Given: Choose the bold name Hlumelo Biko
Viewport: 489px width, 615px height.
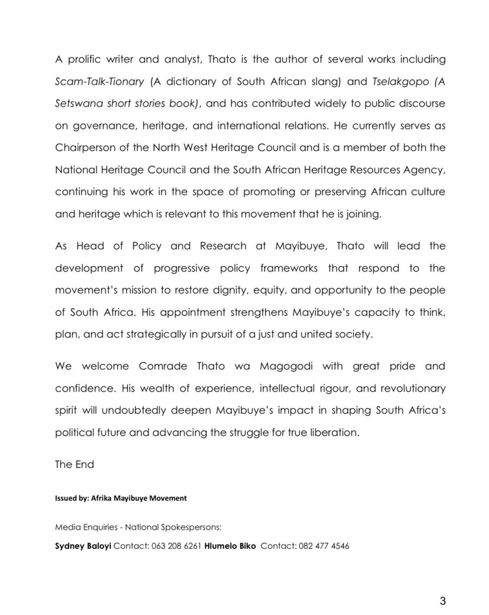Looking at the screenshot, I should pyautogui.click(x=230, y=546).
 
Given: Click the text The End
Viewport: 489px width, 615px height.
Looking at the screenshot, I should pyautogui.click(x=74, y=464).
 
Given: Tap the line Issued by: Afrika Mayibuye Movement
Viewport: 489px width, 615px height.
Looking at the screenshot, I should pyautogui.click(x=120, y=498).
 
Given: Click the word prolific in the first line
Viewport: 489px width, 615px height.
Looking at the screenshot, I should pyautogui.click(x=88, y=59).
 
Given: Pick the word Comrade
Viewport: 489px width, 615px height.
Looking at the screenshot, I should pyautogui.click(x=164, y=366).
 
